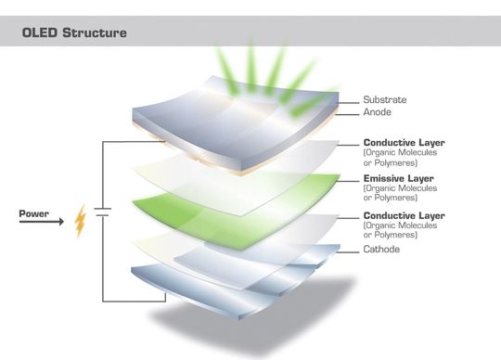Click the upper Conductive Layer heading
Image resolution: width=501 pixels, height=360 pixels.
405,142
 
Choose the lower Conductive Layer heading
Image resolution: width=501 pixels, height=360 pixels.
405,215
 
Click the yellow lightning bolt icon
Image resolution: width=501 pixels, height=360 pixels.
81,221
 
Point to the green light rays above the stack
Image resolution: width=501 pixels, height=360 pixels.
269,65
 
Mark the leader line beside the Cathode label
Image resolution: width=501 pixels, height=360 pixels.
343,250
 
